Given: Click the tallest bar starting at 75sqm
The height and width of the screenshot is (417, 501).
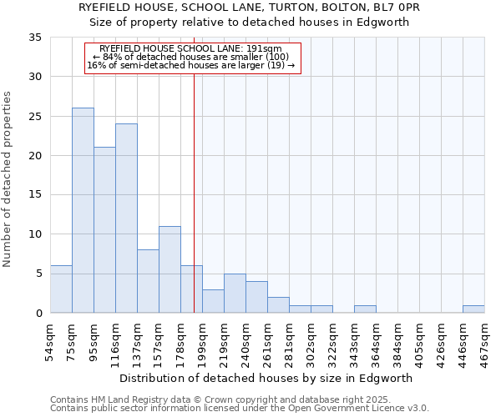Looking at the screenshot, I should coord(83,210).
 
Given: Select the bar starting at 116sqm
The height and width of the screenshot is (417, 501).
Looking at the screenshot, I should coord(126,219).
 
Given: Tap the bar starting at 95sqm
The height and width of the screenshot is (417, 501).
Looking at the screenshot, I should coord(104,230).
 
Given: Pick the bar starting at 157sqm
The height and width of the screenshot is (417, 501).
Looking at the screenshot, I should coord(170,269).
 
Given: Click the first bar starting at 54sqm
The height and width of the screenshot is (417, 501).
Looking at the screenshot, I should coord(61,289).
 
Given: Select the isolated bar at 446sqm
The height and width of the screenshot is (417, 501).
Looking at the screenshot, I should coord(473,309).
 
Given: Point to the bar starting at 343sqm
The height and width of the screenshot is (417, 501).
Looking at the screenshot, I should coord(365,309).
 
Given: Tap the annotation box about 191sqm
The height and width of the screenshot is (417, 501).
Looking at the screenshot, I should coord(193,58).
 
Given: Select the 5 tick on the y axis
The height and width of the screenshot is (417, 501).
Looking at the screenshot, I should coord(38,274).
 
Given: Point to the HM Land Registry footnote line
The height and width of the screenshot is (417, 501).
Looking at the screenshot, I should coord(239,399).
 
